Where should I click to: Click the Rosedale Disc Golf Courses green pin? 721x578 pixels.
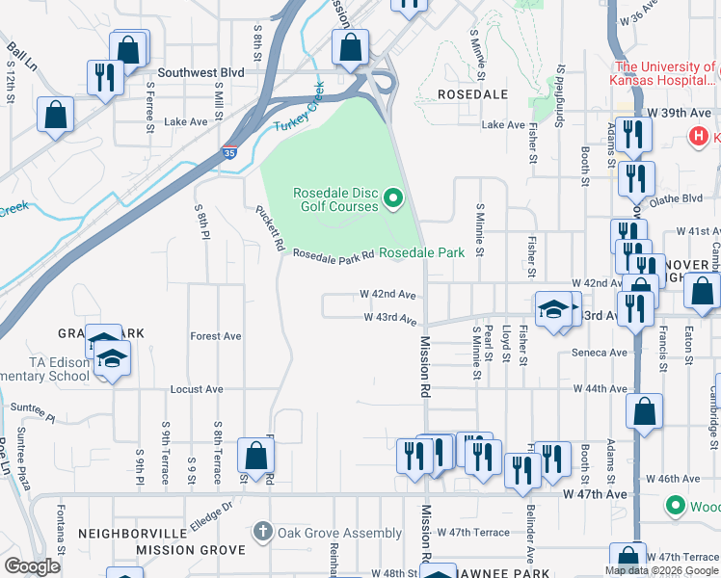[393, 199]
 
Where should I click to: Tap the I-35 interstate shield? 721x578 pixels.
[228, 152]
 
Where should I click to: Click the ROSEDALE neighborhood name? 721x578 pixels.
[472, 94]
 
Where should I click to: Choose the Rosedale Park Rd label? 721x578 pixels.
[333, 254]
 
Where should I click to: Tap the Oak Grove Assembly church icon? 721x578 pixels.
[262, 532]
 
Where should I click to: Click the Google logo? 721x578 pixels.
[32, 566]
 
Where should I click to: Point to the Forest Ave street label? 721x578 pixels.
[216, 336]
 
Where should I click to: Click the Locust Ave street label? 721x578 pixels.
[197, 389]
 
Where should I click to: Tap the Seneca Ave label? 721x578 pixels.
[601, 353]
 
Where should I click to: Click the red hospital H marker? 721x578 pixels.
[699, 137]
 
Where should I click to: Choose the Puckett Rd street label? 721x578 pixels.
[268, 227]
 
